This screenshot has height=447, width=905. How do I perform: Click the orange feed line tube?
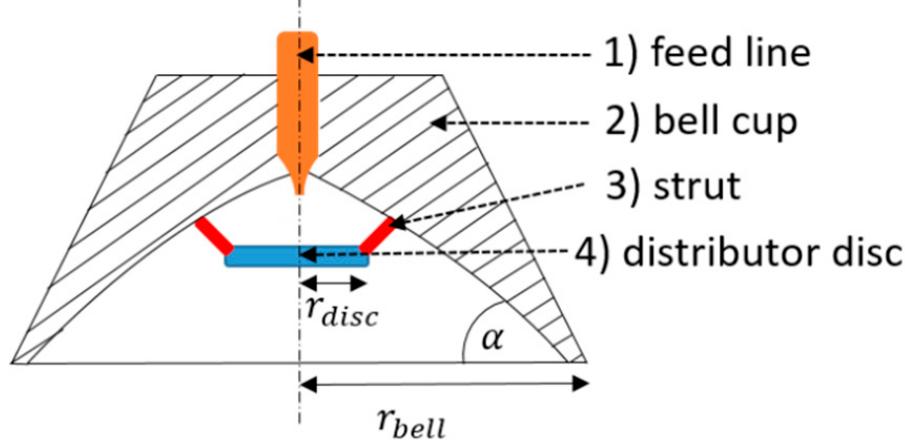click(297, 100)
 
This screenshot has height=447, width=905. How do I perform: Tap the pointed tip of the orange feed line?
click(298, 189)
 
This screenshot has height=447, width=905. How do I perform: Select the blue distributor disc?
click(297, 257)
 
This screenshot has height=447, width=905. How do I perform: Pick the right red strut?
click(376, 235)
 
